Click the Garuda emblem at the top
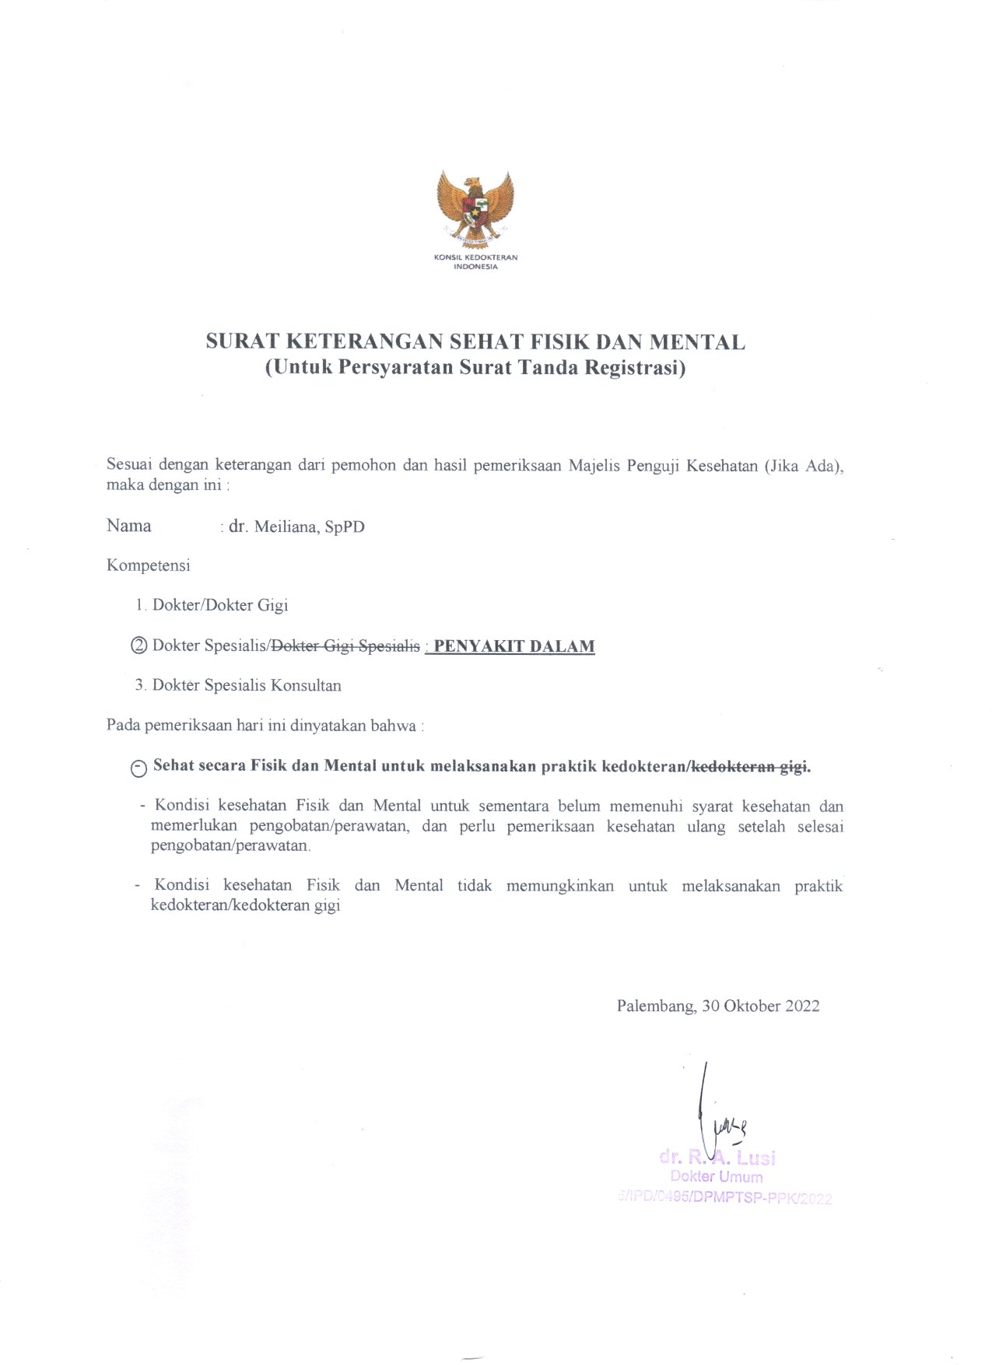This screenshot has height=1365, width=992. pyautogui.click(x=475, y=205)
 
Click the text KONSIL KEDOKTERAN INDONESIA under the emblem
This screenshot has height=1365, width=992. pyautogui.click(x=475, y=261)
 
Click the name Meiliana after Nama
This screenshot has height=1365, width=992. pyautogui.click(x=286, y=527)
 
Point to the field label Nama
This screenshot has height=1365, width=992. pyautogui.click(x=129, y=526)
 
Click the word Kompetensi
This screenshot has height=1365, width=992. pyautogui.click(x=149, y=565)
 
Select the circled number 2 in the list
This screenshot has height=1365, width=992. pyautogui.click(x=139, y=646)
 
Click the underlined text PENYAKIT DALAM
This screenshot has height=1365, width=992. pyautogui.click(x=514, y=646)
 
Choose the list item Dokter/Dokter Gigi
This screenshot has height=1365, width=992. pyautogui.click(x=220, y=605)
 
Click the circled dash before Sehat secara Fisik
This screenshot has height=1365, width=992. pyautogui.click(x=139, y=768)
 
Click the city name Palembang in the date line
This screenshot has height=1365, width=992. pyautogui.click(x=655, y=1006)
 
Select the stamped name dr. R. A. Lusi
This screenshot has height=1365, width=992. pyautogui.click(x=717, y=1157)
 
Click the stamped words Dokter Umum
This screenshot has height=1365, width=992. pyautogui.click(x=716, y=1177)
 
